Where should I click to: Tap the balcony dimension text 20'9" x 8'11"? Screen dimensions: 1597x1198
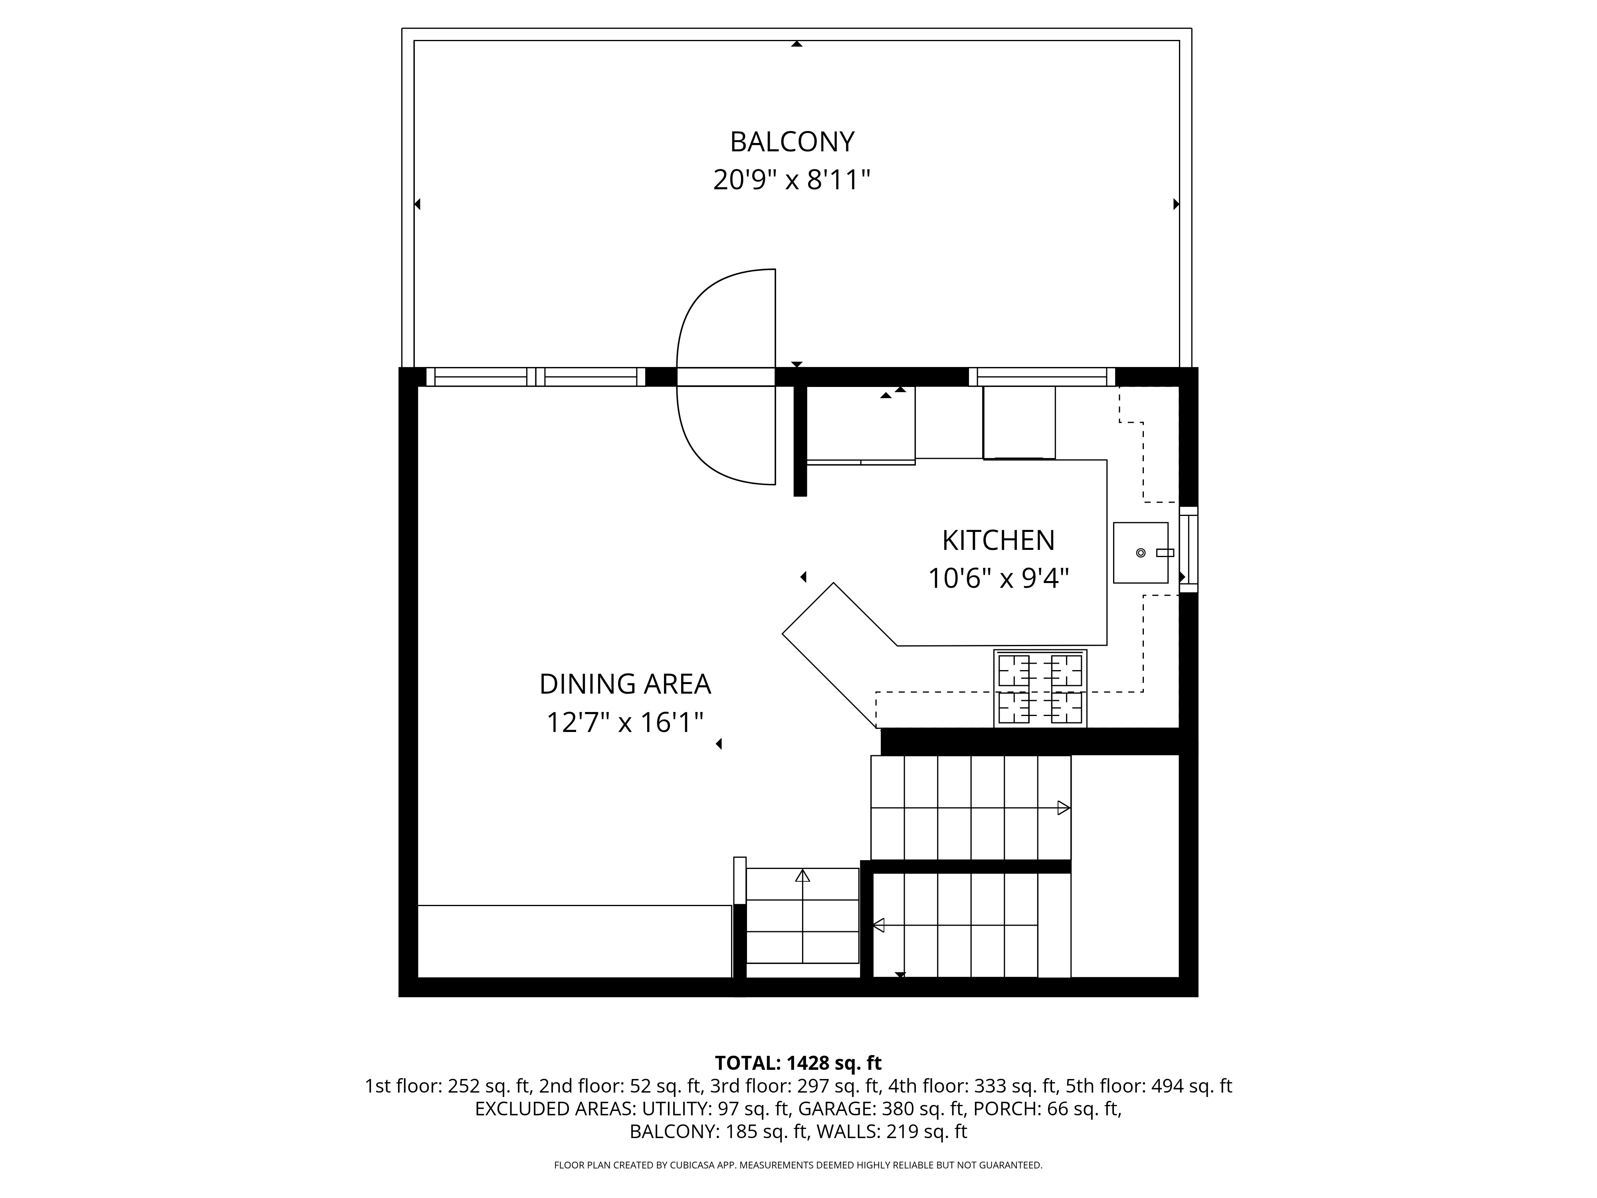click(x=792, y=180)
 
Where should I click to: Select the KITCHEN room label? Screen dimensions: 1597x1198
click(x=999, y=540)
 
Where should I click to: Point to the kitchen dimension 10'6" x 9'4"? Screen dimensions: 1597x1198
click(x=999, y=578)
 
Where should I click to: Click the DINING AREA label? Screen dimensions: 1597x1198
click(x=625, y=684)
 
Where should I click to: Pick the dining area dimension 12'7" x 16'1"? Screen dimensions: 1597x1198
click(x=625, y=722)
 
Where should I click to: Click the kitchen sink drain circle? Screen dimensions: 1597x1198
click(x=1141, y=553)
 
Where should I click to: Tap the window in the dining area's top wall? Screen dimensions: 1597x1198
click(x=536, y=377)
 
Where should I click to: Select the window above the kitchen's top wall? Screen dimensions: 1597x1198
click(x=1042, y=377)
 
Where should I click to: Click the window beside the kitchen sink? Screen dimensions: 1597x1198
click(x=1188, y=549)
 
